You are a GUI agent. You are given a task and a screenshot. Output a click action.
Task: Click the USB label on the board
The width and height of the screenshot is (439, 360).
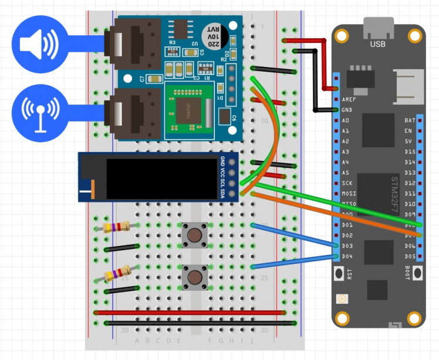coord(378,44)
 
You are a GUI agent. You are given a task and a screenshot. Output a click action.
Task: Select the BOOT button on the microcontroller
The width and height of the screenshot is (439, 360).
coord(417,273)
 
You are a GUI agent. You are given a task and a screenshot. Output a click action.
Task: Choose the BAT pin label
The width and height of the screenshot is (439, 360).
coord(410,120)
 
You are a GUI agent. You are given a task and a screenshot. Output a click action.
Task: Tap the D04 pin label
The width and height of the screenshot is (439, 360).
coord(347,257)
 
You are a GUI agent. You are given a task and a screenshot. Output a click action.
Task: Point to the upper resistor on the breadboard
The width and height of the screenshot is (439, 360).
coord(116,227)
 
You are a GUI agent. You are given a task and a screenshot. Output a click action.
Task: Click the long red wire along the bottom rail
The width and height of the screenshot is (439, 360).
coord(194,312)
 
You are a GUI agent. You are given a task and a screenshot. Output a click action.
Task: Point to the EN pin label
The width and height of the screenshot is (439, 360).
coord(410,131)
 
